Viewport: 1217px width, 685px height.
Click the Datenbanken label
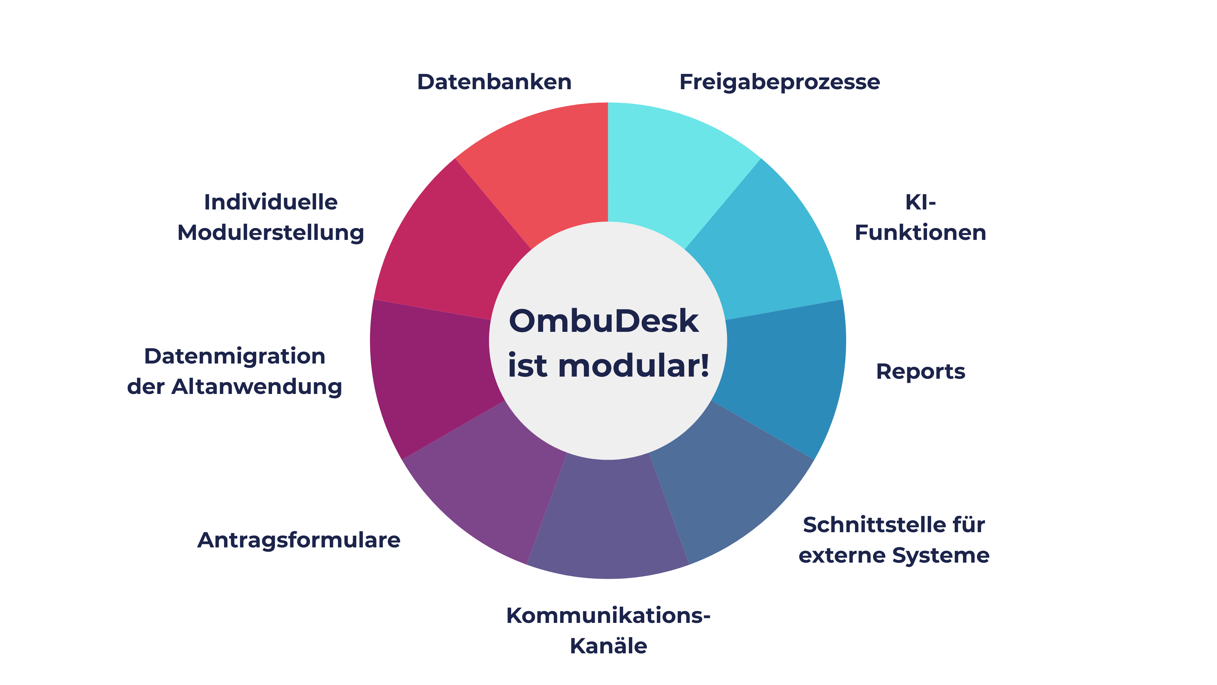coord(494,82)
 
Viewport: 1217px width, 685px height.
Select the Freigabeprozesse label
coord(779,82)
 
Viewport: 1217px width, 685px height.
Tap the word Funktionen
coord(920,233)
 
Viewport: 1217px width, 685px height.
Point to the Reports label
coord(920,371)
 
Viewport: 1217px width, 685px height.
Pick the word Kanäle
coord(608,645)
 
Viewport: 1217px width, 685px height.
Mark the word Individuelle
coord(271,202)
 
